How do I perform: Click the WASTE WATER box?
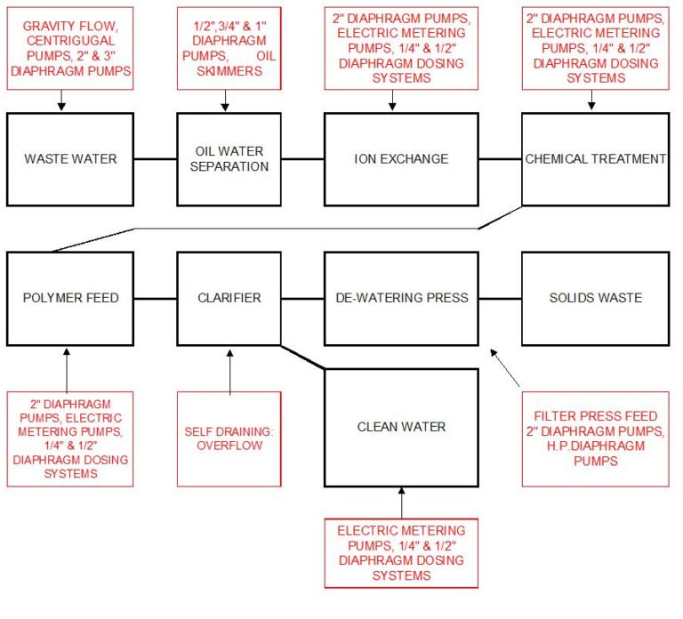click(70, 159)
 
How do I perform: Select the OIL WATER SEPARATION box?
click(229, 159)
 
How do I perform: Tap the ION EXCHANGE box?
click(401, 159)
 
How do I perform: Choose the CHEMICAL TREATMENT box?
click(594, 159)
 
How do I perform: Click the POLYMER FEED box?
click(70, 297)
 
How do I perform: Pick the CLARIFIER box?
click(229, 297)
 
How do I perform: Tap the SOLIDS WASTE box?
click(594, 297)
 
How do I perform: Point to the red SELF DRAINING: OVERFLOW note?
click(229, 438)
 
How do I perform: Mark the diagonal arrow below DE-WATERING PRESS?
click(503, 367)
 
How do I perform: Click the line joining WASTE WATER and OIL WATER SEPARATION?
click(155, 160)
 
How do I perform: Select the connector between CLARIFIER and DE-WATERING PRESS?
click(303, 298)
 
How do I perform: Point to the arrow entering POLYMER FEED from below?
click(67, 369)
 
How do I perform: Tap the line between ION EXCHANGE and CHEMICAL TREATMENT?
click(500, 160)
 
